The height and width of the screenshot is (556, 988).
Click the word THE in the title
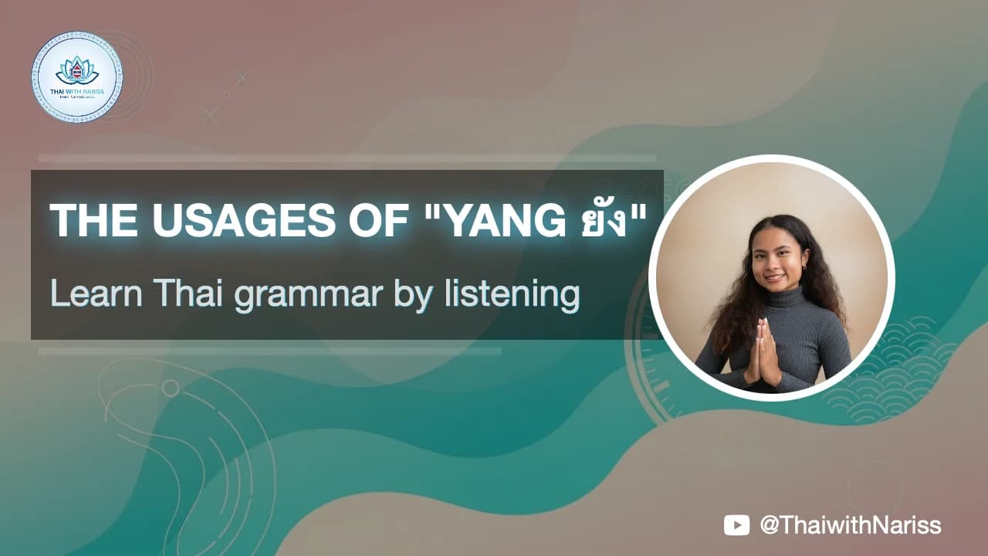click(x=95, y=222)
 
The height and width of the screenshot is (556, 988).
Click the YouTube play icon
click(x=736, y=526)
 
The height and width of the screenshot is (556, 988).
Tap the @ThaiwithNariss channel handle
click(x=851, y=526)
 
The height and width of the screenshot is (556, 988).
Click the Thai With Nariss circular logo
click(x=77, y=76)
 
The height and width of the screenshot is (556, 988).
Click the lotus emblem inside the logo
click(x=77, y=68)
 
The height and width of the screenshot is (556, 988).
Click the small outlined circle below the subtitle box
click(x=170, y=387)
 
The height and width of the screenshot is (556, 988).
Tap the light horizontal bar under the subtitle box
click(x=270, y=351)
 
